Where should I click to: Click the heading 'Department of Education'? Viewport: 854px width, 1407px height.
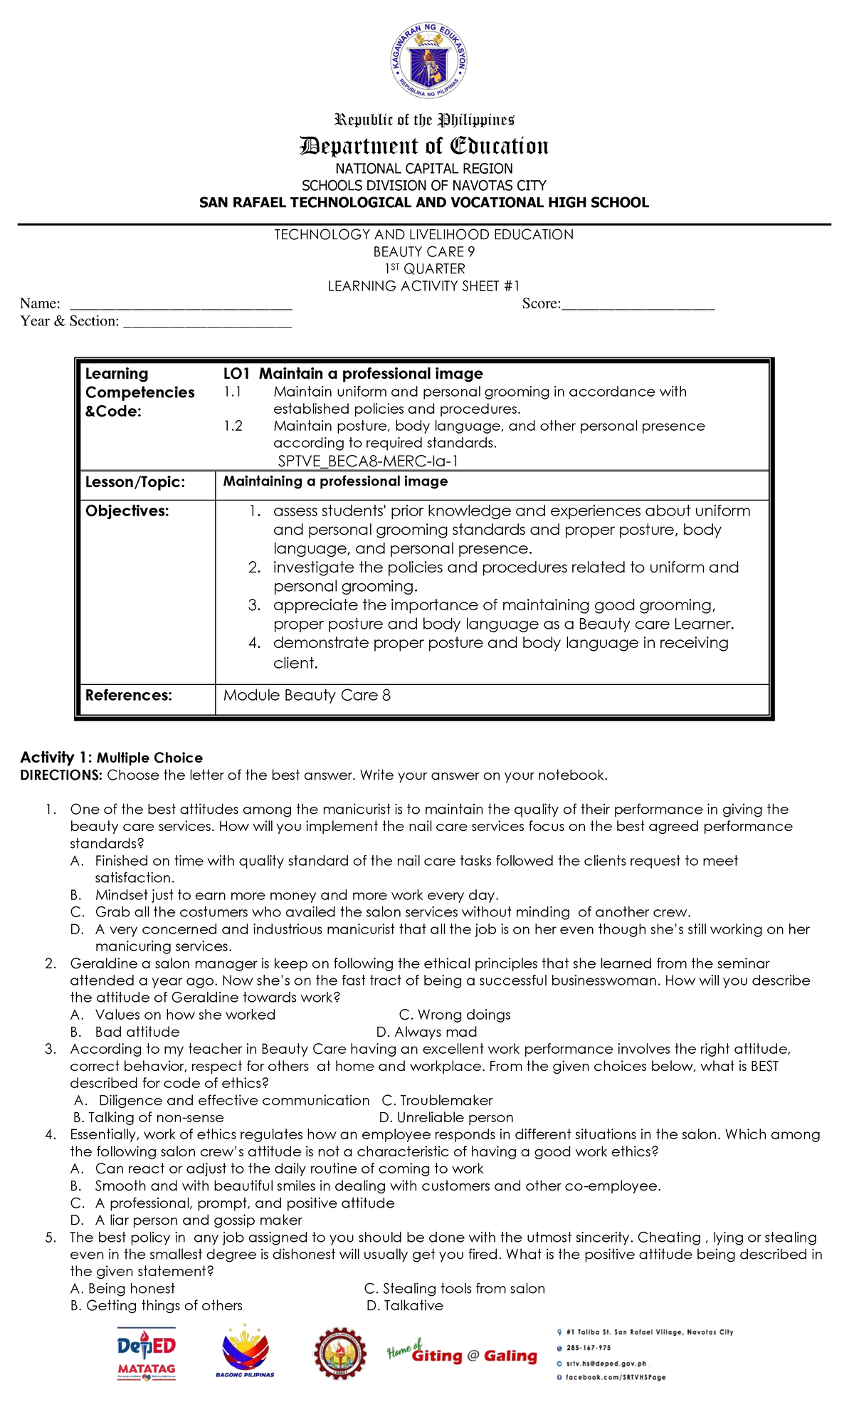coord(424,146)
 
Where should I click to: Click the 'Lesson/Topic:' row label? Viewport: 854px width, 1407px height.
coord(135,482)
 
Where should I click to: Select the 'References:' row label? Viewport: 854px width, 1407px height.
coord(129,695)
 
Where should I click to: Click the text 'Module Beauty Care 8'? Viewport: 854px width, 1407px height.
coord(307,695)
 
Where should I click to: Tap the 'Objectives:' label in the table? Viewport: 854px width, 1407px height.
coord(127,511)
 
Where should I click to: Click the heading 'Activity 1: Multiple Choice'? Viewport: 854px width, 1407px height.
coord(111,758)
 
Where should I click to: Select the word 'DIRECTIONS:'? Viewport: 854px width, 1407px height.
coord(61,775)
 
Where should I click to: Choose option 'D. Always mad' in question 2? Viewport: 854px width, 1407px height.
coord(426,1032)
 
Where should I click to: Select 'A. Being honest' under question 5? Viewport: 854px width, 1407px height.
coord(122,1288)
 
